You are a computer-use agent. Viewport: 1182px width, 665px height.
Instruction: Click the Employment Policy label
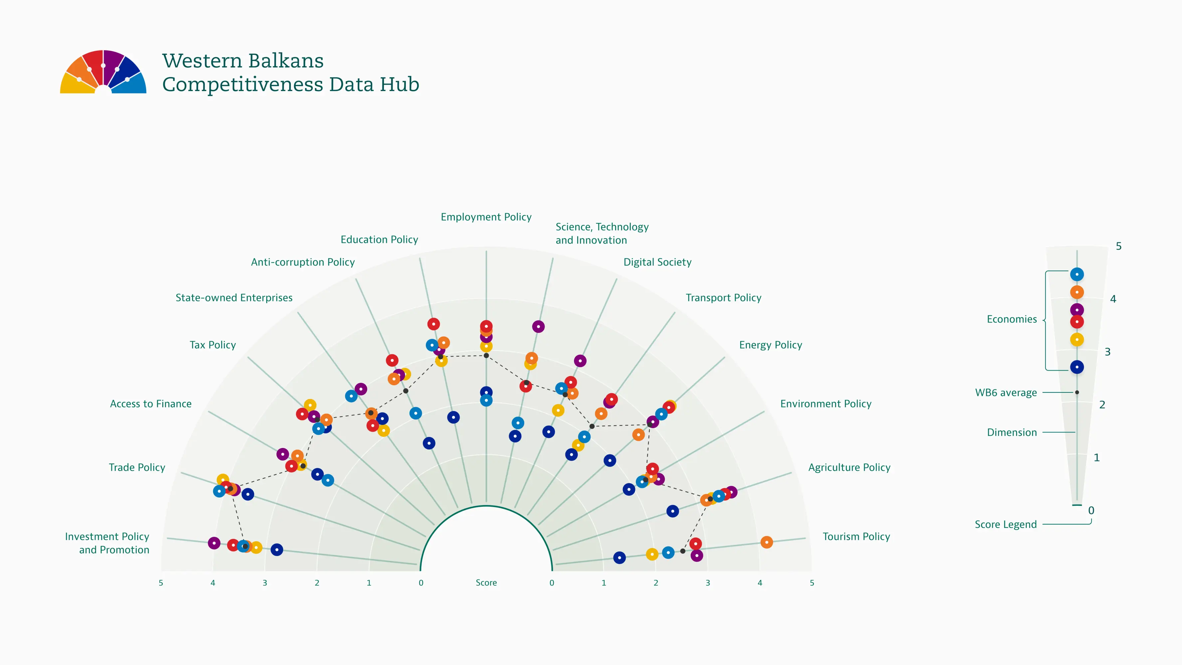tap(486, 217)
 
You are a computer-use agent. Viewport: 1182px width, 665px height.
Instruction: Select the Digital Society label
tap(657, 262)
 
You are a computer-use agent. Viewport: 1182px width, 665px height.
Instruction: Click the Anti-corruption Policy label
tap(303, 262)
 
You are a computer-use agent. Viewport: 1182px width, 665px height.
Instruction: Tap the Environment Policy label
tap(825, 404)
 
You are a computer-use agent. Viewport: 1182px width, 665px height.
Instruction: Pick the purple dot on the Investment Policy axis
tap(214, 543)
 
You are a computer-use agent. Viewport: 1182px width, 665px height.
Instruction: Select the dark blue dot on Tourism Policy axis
tap(619, 558)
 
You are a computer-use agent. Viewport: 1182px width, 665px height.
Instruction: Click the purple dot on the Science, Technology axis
tap(538, 327)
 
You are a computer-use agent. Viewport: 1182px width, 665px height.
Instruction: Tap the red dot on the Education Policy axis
tap(433, 324)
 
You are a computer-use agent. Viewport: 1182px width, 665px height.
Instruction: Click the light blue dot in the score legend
tap(1077, 274)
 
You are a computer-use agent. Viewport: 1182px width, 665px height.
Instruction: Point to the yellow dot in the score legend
tap(1077, 340)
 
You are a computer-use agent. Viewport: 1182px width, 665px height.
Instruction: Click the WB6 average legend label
tap(1006, 393)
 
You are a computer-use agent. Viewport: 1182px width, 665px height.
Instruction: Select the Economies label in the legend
tap(1011, 319)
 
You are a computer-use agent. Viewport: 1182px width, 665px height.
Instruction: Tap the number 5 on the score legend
tap(1118, 246)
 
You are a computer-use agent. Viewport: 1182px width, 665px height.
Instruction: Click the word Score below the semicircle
tap(486, 583)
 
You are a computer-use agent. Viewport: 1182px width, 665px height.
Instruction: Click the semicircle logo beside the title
tap(103, 72)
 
